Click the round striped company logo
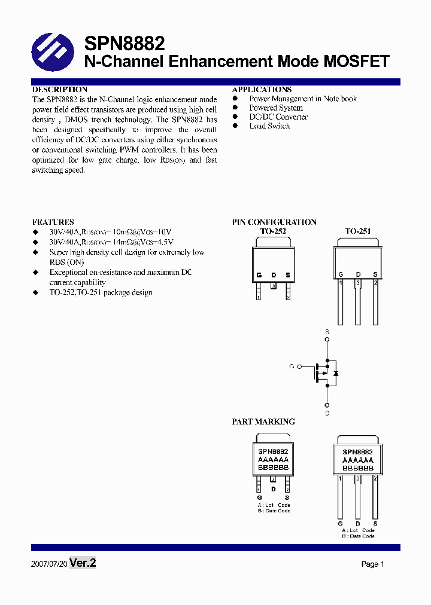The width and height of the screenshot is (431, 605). pyautogui.click(x=53, y=52)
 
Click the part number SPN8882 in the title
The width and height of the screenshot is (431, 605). pyautogui.click(x=124, y=44)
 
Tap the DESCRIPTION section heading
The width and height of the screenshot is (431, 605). pyautogui.click(x=60, y=90)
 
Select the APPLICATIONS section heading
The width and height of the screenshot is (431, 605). pyautogui.click(x=262, y=90)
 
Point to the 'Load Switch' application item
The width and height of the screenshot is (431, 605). pyautogui.click(x=269, y=126)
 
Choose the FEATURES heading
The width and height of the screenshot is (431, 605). pyautogui.click(x=53, y=222)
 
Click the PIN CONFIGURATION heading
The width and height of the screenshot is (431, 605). pyautogui.click(x=274, y=222)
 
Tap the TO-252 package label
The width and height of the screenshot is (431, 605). pyautogui.click(x=273, y=231)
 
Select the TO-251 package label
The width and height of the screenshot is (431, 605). pyautogui.click(x=357, y=231)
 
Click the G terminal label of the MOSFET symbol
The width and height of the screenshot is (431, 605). pyautogui.click(x=292, y=366)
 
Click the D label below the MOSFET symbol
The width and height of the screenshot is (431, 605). pyautogui.click(x=327, y=413)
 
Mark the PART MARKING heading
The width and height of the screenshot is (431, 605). pyautogui.click(x=263, y=421)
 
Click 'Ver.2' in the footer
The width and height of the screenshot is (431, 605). pyautogui.click(x=83, y=563)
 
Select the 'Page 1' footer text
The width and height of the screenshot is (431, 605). pyautogui.click(x=372, y=564)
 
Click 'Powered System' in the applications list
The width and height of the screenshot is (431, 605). pyautogui.click(x=276, y=108)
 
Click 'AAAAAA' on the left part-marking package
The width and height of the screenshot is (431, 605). pyautogui.click(x=273, y=460)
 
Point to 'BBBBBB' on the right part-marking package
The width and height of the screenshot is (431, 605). pyautogui.click(x=358, y=469)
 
